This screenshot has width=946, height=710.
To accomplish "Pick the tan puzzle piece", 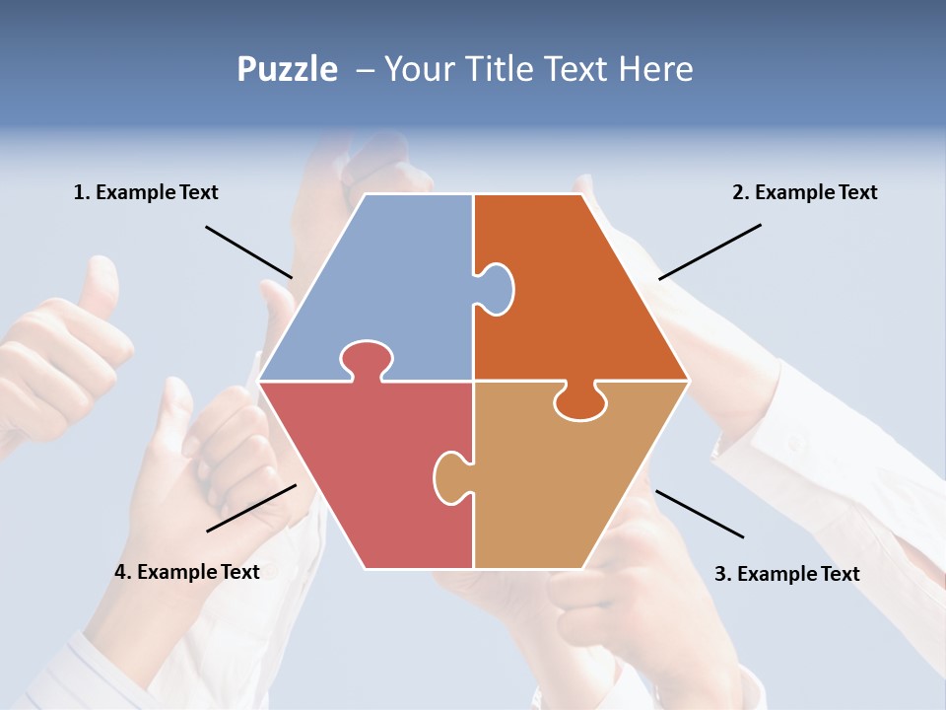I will tap(562, 483).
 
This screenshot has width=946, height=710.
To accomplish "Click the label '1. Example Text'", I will tap(146, 192).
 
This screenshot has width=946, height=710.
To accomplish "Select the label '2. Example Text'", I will tap(804, 192).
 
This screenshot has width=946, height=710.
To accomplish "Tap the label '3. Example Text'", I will tap(786, 574).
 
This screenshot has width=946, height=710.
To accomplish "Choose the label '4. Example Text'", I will tap(187, 572).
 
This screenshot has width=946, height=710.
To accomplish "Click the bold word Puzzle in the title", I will tap(287, 69).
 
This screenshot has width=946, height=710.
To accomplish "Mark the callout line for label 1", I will tap(248, 251).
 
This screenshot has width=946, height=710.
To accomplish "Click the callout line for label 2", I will tap(709, 251).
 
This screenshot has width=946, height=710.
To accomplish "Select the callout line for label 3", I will tap(700, 514).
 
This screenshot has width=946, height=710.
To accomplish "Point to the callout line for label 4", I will tap(251, 508).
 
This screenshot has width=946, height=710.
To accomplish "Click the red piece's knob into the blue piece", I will tap(366, 359).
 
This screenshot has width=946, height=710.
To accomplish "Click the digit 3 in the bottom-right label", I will tap(719, 574).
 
